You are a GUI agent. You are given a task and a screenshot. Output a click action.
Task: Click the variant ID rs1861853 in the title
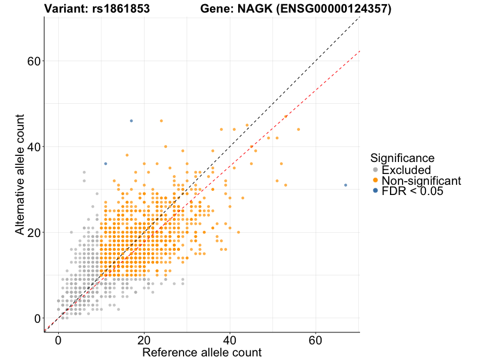pos(122,9)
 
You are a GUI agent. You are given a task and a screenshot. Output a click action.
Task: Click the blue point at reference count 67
pos(346,185)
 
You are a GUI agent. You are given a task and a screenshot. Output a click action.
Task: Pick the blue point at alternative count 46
pos(131,121)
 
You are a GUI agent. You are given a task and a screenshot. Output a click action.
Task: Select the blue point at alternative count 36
pos(106,164)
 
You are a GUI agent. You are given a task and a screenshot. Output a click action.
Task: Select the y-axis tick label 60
pos(33,61)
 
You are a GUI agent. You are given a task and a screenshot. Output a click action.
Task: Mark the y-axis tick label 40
pos(33,147)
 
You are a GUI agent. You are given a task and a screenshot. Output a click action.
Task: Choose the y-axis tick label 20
pos(33,233)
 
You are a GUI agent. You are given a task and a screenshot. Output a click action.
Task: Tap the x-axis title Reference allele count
pos(202,352)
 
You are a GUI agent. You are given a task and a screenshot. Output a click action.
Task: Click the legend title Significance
pos(402,158)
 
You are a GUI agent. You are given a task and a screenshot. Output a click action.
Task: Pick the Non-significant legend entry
pos(420,181)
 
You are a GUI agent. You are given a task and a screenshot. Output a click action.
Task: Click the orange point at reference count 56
pos(298,130)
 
